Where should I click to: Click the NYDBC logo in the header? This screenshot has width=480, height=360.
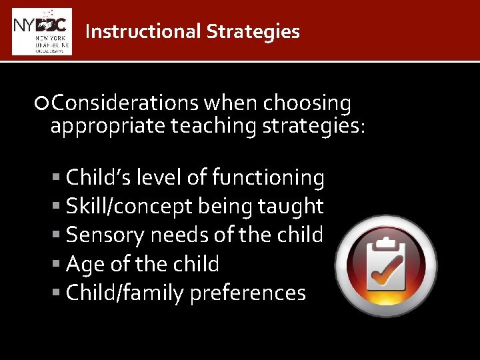point(41,31)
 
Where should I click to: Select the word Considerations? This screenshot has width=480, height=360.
point(125,103)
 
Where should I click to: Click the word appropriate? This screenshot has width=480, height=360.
point(108,125)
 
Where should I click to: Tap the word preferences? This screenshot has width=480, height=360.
point(247,294)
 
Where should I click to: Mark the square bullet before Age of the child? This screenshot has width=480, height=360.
point(59,265)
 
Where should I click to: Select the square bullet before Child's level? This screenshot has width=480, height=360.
point(59,178)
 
